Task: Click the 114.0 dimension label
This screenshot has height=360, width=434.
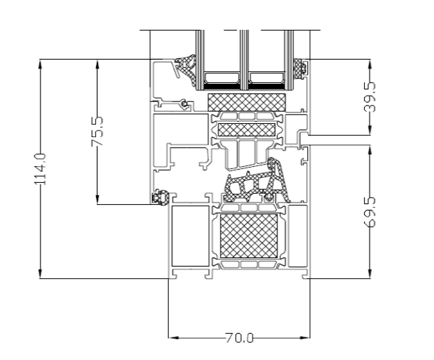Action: [40, 169]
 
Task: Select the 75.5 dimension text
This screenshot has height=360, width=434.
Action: [98, 131]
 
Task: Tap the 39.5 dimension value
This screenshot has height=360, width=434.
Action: [370, 97]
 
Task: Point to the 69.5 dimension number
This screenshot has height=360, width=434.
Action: [370, 212]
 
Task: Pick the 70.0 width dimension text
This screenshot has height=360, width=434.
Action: [240, 338]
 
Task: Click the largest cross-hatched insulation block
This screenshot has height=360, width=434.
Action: [248, 235]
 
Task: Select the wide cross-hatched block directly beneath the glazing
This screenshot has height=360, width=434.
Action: [246, 102]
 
